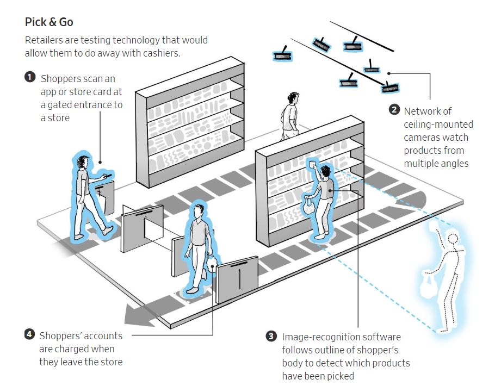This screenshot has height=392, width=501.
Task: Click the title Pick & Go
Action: coord(49,22)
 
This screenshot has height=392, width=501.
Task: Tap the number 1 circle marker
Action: coord(30,77)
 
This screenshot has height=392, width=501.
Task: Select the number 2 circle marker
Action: coord(394,110)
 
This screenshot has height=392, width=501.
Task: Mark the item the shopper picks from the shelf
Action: coord(313,165)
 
